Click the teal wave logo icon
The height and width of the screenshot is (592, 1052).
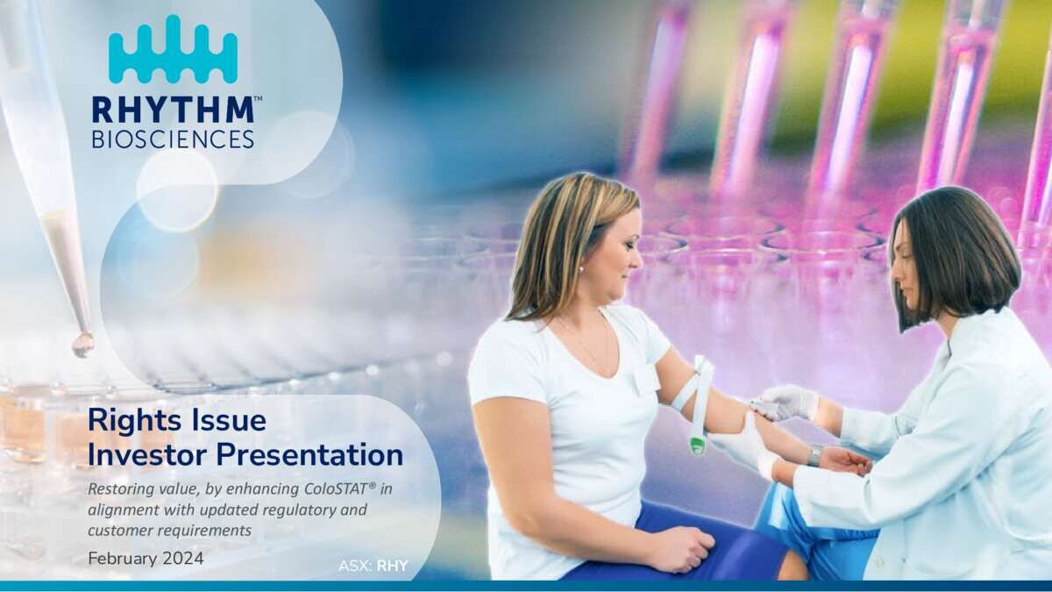point(174,49)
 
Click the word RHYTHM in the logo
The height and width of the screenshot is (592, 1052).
point(174,110)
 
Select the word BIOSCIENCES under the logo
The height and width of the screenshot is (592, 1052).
point(174,139)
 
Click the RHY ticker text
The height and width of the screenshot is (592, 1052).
point(393,567)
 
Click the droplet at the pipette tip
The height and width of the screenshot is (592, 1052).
point(82,345)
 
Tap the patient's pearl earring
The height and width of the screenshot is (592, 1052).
point(581,269)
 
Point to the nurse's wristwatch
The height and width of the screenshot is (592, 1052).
point(814,456)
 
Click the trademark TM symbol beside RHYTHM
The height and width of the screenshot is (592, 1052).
point(258,98)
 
